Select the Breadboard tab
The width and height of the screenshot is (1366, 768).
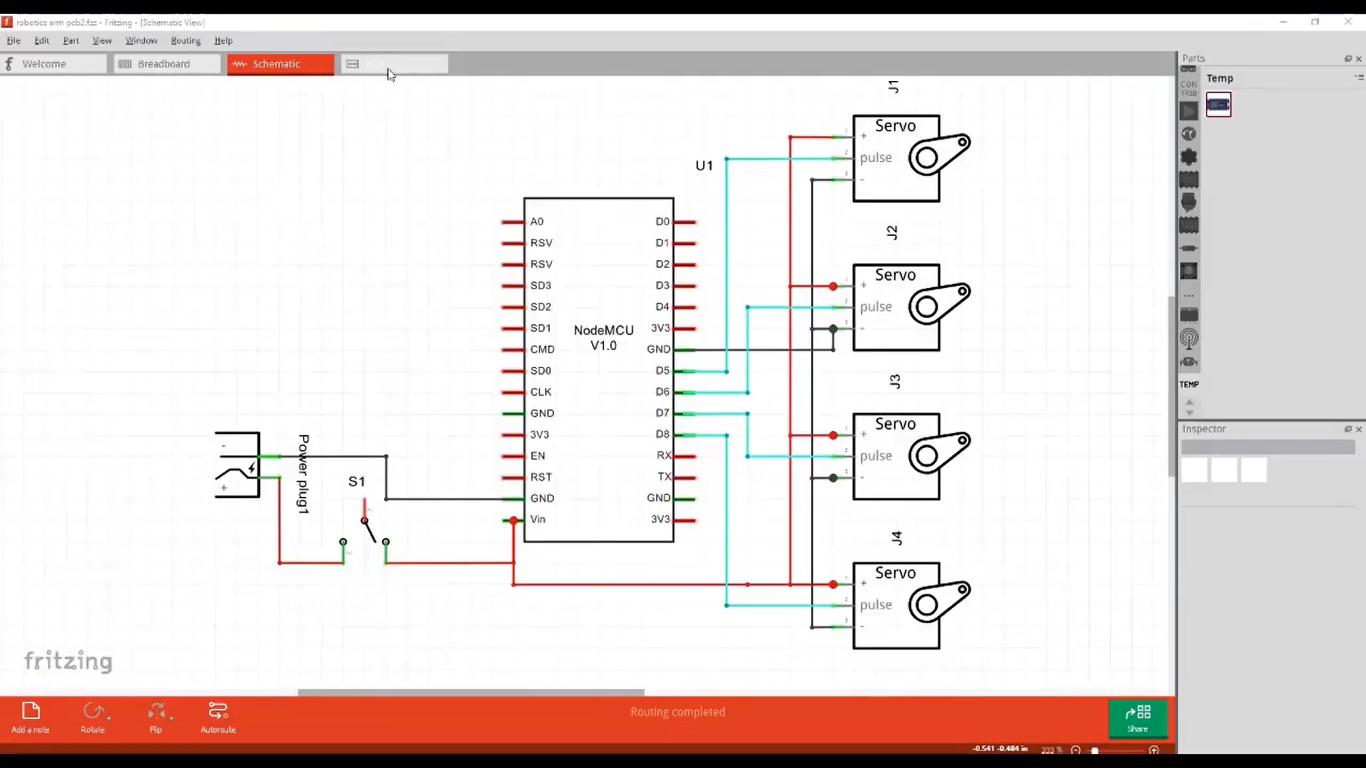coord(163,64)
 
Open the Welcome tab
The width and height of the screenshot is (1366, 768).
coord(44,64)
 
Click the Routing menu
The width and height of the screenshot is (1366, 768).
coord(185,41)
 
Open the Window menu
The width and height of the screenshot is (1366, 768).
coord(141,41)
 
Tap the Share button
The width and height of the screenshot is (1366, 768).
coord(1137,718)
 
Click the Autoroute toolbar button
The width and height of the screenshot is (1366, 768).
coord(218,716)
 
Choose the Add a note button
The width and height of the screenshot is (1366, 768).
coord(30,716)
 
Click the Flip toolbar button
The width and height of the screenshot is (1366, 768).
coord(155,716)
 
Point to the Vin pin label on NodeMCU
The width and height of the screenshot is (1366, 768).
coord(538,520)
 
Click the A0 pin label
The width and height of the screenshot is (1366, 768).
coord(537,222)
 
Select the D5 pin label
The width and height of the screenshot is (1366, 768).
coord(662,371)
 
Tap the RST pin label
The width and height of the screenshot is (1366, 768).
coord(540,477)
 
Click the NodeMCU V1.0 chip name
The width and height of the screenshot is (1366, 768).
coord(603,338)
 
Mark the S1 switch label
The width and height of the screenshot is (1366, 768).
coord(356,482)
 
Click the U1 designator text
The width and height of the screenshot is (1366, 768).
coord(704,166)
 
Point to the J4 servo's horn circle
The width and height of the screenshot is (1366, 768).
coord(927,605)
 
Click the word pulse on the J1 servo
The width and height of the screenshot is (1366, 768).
coord(876,158)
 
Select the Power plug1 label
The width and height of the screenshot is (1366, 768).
coord(303,474)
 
